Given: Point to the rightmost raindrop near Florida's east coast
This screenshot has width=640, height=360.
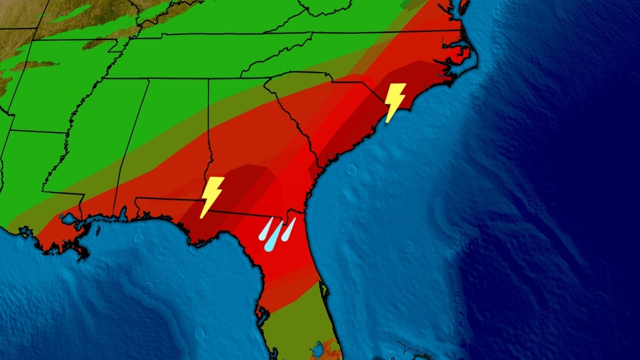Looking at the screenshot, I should pos(288,229).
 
